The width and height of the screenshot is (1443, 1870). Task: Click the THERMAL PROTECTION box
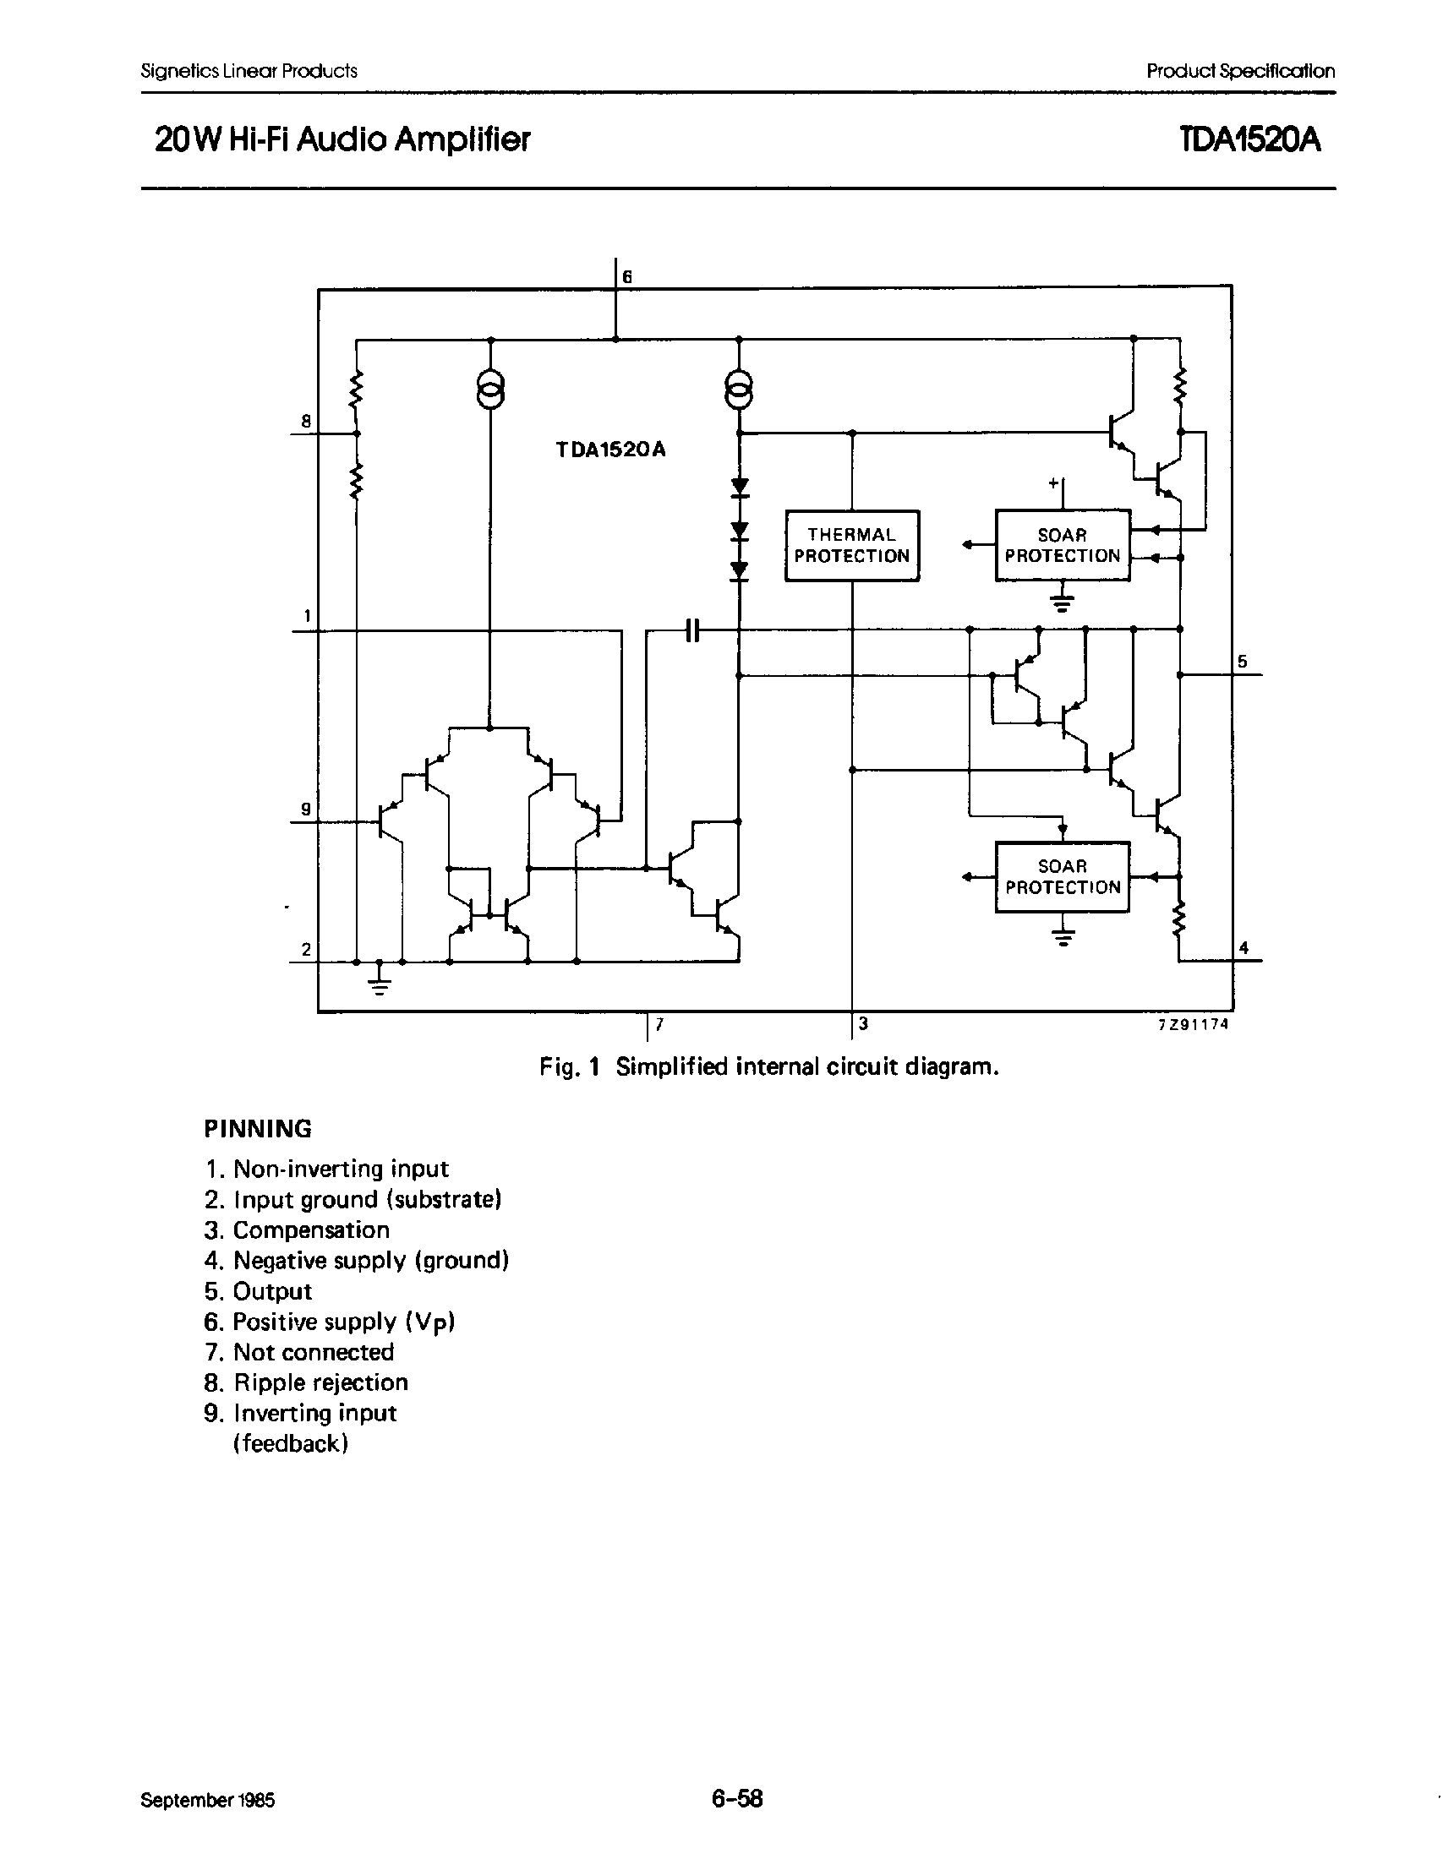click(x=851, y=545)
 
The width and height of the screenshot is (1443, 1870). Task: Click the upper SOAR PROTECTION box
click(x=1062, y=545)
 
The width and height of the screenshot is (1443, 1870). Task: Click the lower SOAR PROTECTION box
click(x=1062, y=877)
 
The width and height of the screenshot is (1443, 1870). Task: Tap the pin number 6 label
click(x=627, y=276)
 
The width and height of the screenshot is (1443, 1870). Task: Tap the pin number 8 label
click(x=306, y=421)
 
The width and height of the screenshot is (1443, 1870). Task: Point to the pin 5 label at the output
click(x=1242, y=661)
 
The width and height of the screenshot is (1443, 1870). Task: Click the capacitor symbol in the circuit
click(x=693, y=631)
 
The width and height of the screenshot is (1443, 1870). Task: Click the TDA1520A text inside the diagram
click(x=609, y=450)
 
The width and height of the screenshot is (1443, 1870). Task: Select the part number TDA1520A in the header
click(x=1249, y=139)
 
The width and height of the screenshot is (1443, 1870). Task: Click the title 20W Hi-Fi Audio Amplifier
click(x=342, y=139)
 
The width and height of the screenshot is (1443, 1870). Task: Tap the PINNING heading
click(x=258, y=1129)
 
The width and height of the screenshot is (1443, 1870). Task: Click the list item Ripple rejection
click(x=320, y=1382)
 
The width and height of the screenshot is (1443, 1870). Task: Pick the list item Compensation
click(x=311, y=1229)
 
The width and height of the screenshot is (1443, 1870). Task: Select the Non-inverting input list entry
click(x=340, y=1169)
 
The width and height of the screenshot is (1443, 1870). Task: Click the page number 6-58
click(x=736, y=1798)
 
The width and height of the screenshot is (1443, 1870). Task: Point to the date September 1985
click(x=208, y=1800)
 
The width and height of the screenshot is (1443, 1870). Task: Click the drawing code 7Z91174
click(x=1192, y=1023)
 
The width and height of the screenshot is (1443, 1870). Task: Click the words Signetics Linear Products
click(x=249, y=71)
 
